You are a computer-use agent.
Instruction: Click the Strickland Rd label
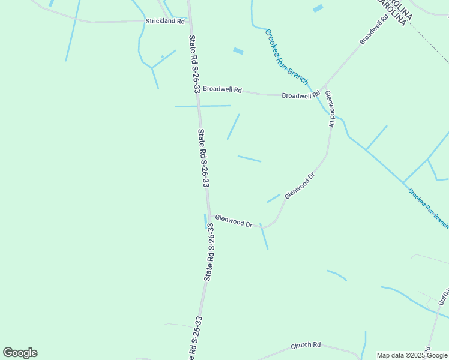(165, 21)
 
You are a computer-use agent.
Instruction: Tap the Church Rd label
(306, 346)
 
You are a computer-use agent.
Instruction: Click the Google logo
(20, 353)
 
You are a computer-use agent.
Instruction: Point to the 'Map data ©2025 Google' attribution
(412, 355)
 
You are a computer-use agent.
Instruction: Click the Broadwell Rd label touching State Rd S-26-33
(221, 89)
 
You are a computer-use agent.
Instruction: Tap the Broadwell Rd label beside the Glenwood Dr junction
(301, 95)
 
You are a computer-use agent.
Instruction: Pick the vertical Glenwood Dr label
(329, 109)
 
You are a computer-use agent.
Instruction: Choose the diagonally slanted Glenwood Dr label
(300, 186)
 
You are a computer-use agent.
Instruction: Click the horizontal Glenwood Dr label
(234, 221)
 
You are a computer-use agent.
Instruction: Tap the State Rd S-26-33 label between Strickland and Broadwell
(194, 64)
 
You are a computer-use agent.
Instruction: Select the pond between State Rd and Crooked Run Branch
(238, 51)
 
